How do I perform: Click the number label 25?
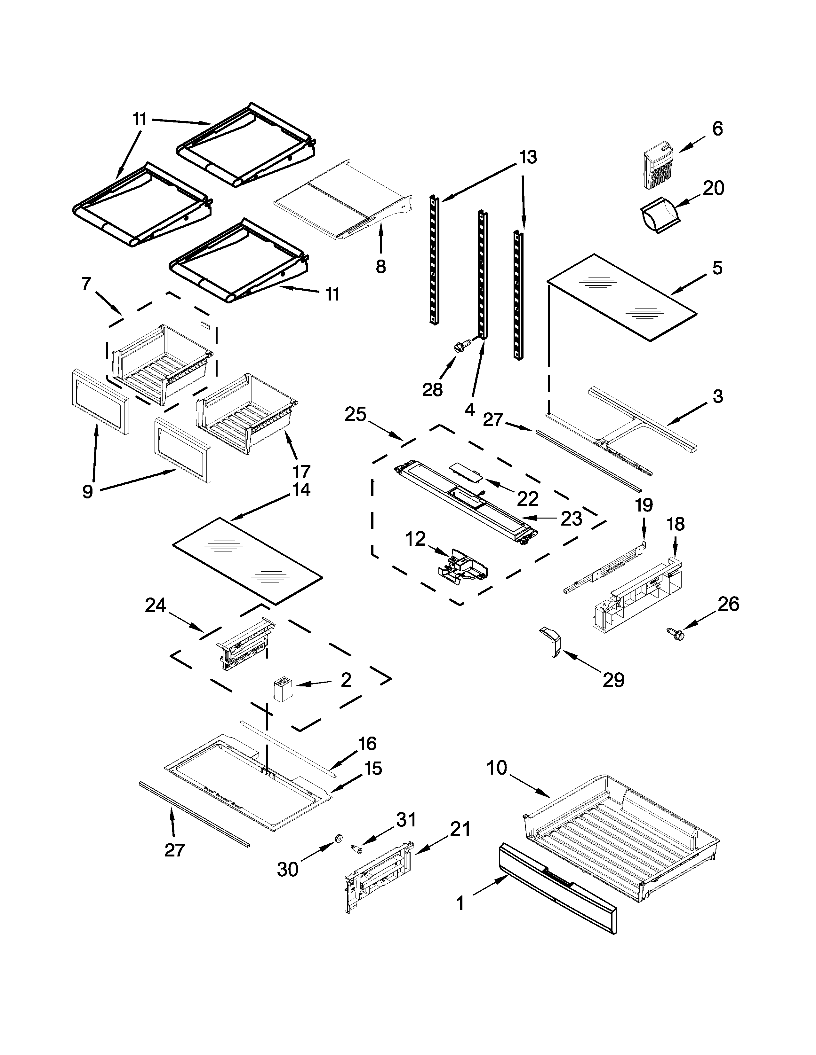355,415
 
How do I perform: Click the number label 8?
381,266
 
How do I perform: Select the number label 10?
496,767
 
